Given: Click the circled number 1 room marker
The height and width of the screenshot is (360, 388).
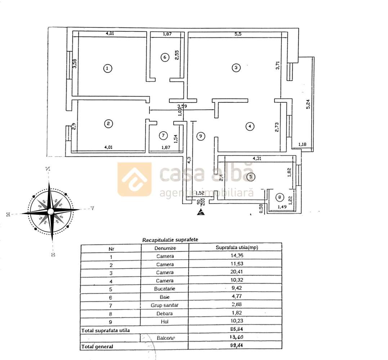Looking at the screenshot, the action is (107, 68).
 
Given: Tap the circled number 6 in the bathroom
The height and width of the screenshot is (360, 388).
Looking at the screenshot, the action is (165, 57).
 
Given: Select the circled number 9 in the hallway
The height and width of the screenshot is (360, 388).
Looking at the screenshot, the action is (201, 136).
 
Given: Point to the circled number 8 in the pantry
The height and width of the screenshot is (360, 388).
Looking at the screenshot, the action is (280, 197).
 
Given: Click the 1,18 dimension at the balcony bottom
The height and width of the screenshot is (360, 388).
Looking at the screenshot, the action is (302, 145).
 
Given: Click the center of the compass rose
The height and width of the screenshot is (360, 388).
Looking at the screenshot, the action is (51, 211).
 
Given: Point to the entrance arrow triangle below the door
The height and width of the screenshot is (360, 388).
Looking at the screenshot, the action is (201, 212).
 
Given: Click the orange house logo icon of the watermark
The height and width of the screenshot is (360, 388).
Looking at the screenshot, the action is (134, 179).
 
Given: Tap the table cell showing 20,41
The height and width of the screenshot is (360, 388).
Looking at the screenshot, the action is (235, 272).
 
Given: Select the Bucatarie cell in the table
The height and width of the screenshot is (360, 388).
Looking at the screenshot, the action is (165, 288).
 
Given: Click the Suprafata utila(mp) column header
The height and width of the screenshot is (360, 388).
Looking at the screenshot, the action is (235, 248).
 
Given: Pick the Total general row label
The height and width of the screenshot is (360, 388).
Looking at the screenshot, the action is (97, 347).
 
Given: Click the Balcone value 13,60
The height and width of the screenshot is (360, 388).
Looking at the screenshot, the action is (235, 338).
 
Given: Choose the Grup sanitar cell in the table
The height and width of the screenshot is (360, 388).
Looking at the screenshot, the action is (165, 305).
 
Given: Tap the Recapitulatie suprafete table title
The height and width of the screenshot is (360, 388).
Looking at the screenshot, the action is (170, 240).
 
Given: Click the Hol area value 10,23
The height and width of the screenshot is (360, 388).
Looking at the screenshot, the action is (235, 321).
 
